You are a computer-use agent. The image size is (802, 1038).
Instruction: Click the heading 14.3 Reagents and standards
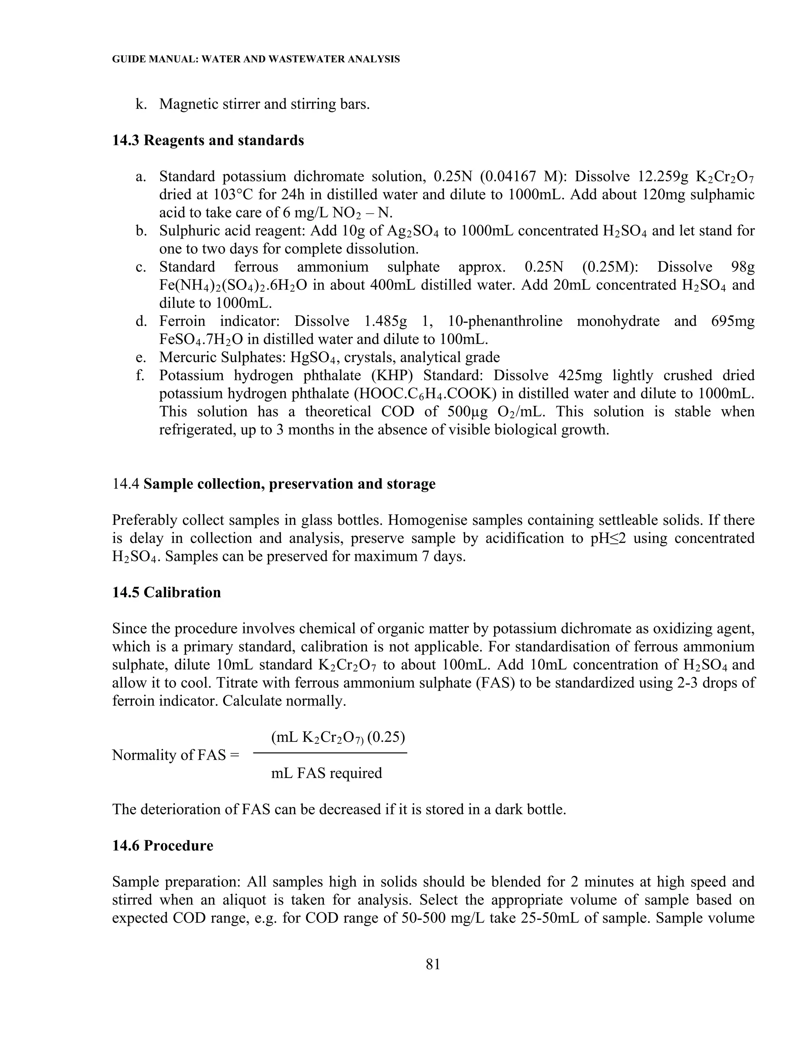(x=208, y=141)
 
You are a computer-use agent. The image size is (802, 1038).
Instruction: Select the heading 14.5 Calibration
(x=166, y=592)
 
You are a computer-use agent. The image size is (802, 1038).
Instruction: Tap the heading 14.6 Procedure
(x=163, y=846)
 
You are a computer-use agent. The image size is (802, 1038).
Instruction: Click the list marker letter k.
(x=140, y=104)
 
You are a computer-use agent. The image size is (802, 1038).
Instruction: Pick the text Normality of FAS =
(x=176, y=755)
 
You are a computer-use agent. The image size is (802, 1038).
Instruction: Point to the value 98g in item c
(x=742, y=267)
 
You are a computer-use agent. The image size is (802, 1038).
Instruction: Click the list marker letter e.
(x=140, y=357)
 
